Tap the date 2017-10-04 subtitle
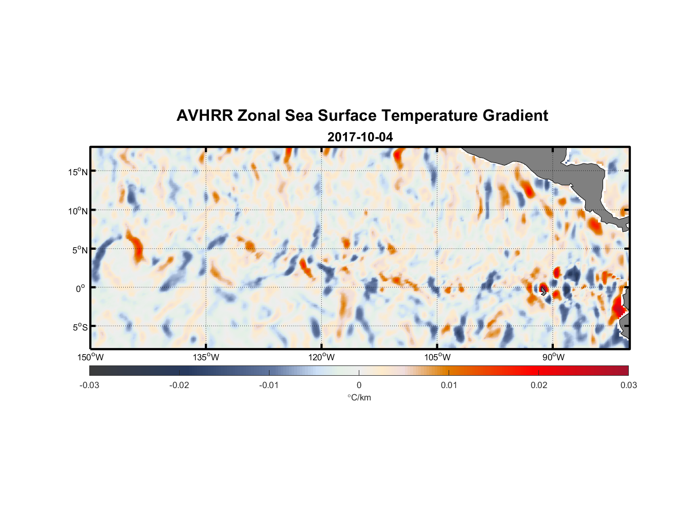(360, 137)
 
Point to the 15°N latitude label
(78, 172)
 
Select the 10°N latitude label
(78, 211)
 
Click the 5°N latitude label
(80, 250)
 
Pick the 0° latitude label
(81, 288)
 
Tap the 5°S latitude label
(80, 327)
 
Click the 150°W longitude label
(90, 357)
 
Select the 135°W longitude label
(206, 357)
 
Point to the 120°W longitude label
(321, 357)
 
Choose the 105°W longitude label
(437, 357)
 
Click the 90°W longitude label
(553, 357)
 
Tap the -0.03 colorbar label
(89, 385)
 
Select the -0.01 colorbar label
(269, 385)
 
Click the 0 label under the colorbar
(359, 385)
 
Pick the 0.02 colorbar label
(539, 385)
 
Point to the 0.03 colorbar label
(628, 385)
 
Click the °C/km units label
(359, 397)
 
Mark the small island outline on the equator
(543, 291)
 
